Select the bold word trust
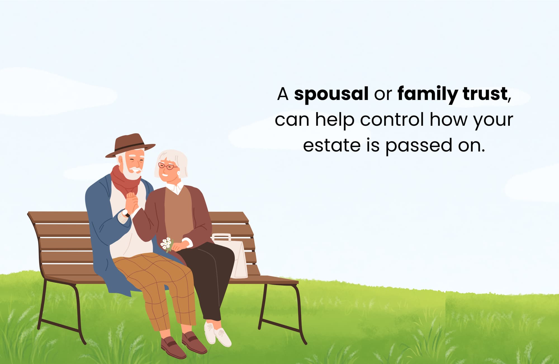point(485,94)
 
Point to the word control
point(392,120)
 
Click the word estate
point(332,145)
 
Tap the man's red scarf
point(125,181)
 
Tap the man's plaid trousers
point(158,288)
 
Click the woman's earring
point(179,173)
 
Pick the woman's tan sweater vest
point(178,213)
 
